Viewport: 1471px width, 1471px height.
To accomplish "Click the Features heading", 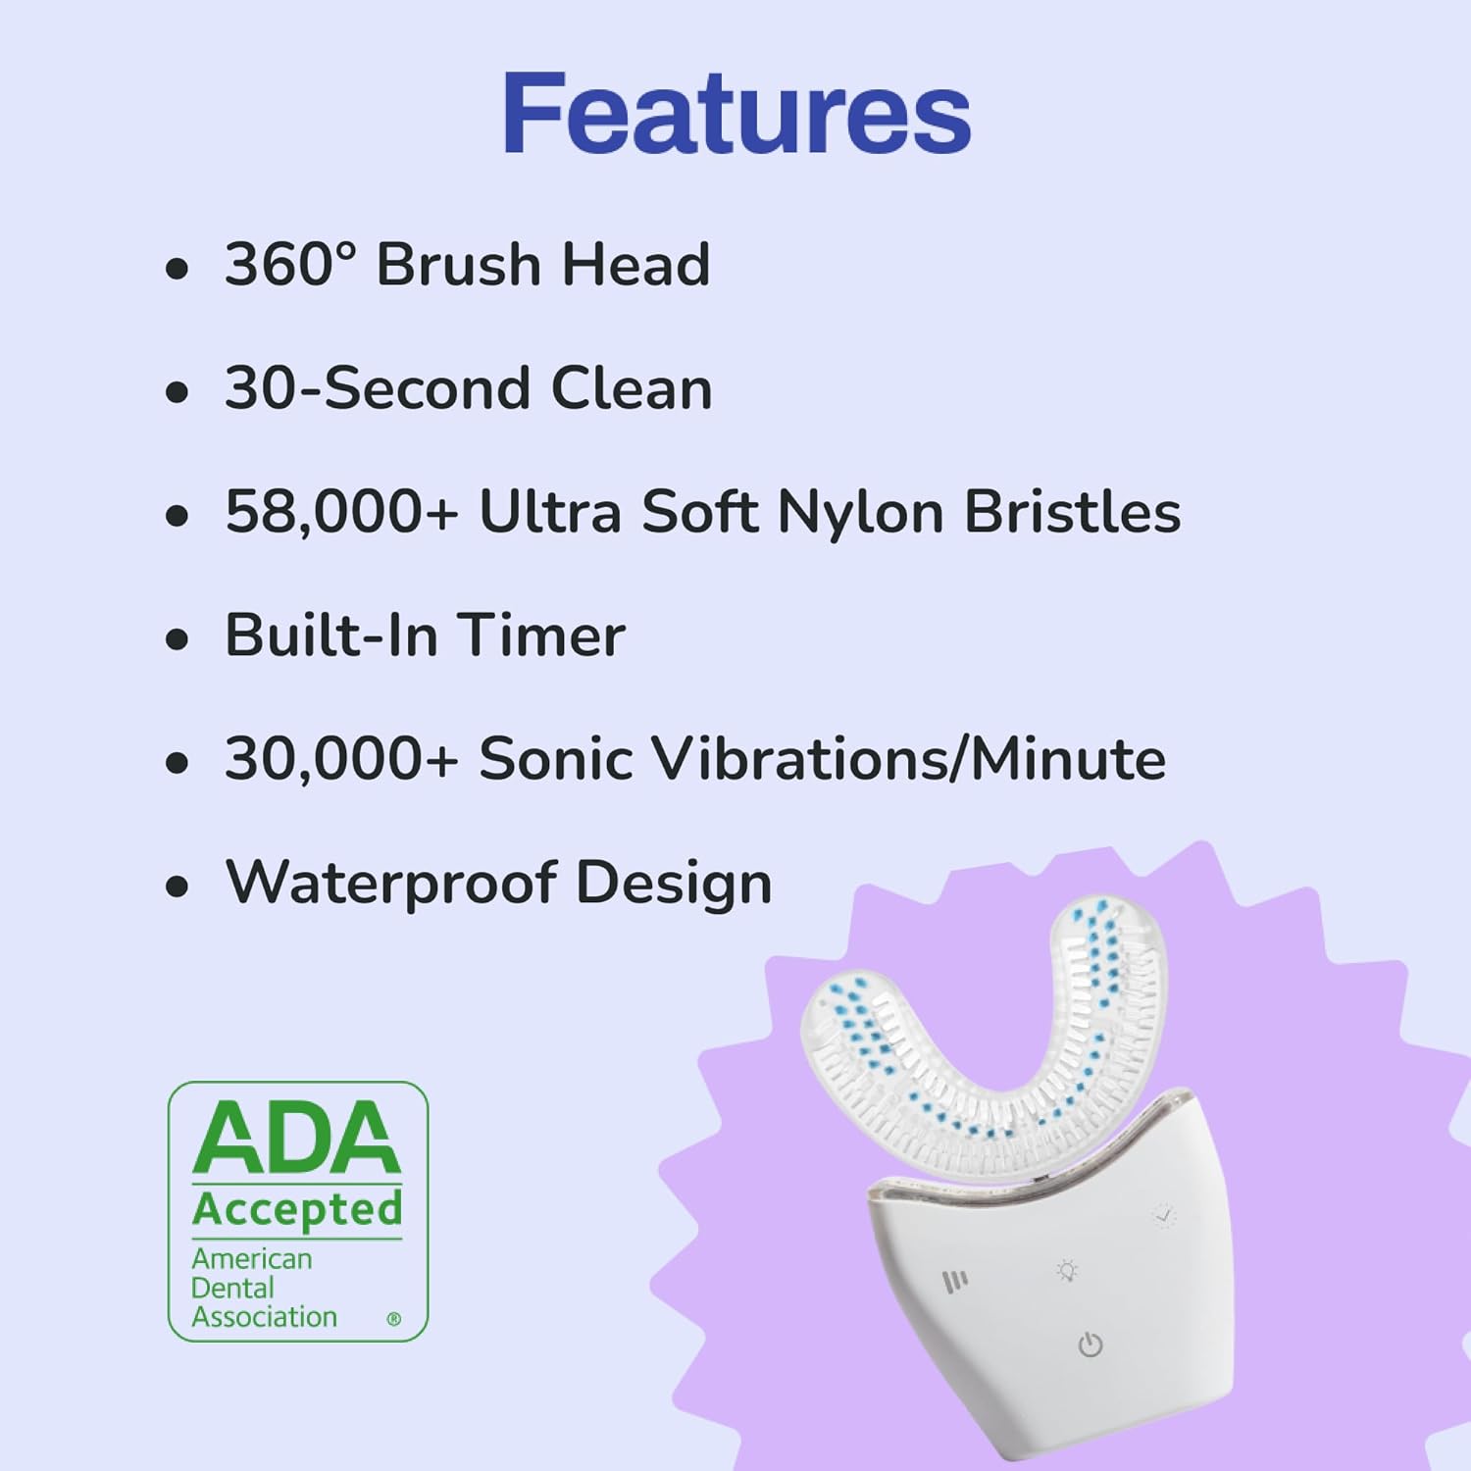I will (x=735, y=114).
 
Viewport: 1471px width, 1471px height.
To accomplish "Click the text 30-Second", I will (x=378, y=388).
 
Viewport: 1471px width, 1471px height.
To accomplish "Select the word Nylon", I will (x=860, y=512).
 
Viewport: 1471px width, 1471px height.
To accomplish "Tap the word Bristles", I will (x=1073, y=512).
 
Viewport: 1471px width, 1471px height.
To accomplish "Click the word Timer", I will (x=540, y=635).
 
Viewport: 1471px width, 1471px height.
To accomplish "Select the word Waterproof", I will (x=390, y=883).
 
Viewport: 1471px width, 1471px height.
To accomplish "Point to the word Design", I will (x=674, y=883).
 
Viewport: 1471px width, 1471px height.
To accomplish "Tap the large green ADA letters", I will (x=297, y=1138).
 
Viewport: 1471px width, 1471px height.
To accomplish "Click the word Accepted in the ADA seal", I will (x=297, y=1209).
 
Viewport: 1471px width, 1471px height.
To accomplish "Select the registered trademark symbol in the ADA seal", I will (x=394, y=1319).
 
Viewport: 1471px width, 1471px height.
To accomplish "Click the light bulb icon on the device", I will (x=1067, y=1271).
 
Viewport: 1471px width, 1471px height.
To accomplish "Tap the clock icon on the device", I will (x=1164, y=1216).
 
